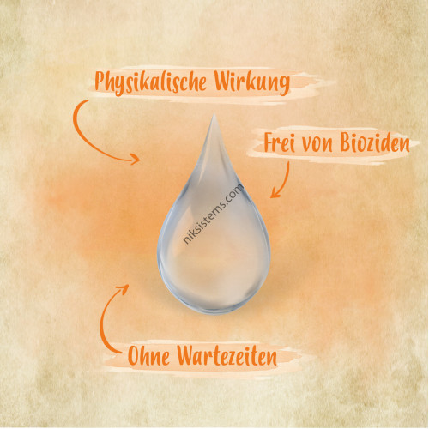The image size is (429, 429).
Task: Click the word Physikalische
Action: pos(150,82)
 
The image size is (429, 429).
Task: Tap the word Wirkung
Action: pos(252,82)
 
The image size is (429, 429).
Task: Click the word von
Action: pos(317,144)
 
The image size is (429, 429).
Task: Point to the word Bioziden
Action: pos(375,142)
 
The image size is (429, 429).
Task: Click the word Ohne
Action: pos(148,355)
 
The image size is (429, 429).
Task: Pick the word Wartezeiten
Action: pos(227,355)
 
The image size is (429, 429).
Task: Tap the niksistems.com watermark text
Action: pos(214,214)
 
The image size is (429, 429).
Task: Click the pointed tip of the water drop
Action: pos(214,114)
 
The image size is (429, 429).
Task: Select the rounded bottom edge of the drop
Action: pos(214,312)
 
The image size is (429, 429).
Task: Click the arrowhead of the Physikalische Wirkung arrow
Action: pos(136,159)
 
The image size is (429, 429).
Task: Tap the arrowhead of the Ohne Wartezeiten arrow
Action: pos(124,289)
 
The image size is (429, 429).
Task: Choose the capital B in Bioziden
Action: pos(346,142)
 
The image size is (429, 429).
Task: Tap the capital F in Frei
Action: pos(269,142)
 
